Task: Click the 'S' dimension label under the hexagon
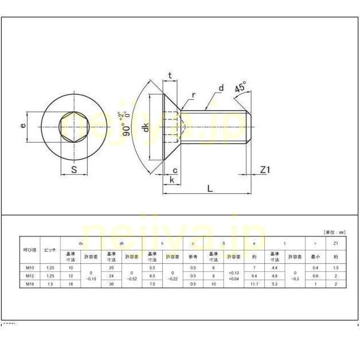click(73, 169)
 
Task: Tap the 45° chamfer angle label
click(241, 88)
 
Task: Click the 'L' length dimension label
click(210, 188)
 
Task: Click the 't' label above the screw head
click(170, 75)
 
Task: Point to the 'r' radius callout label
click(194, 95)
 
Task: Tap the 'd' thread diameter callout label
click(221, 88)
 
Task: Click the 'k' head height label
click(171, 180)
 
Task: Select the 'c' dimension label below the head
click(174, 170)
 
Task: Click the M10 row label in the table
click(30, 268)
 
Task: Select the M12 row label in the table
click(30, 276)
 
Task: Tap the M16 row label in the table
click(30, 284)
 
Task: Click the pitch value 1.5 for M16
click(50, 284)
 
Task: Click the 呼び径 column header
click(30, 251)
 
